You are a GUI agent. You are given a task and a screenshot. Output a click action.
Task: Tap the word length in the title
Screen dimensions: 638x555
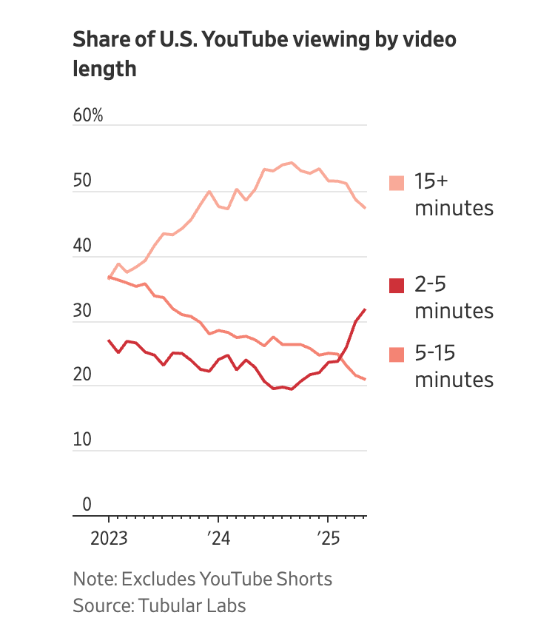pyautogui.click(x=104, y=68)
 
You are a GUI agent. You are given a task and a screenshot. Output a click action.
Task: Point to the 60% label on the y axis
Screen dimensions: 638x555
pyautogui.click(x=88, y=116)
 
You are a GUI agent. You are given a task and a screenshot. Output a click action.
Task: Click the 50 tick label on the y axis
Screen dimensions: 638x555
pyautogui.click(x=82, y=181)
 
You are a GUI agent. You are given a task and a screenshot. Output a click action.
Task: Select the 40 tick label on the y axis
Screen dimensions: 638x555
pyautogui.click(x=82, y=246)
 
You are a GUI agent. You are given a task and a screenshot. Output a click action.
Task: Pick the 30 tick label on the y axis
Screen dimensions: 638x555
pyautogui.click(x=82, y=312)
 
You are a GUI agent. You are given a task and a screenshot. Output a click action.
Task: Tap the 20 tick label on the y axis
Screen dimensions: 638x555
pyautogui.click(x=82, y=376)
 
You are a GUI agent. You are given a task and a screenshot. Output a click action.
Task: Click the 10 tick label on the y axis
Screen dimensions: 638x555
pyautogui.click(x=82, y=440)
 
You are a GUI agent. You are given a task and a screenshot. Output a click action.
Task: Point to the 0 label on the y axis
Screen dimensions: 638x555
pyautogui.click(x=87, y=505)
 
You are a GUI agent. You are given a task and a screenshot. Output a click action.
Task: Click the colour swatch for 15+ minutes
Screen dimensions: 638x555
pyautogui.click(x=397, y=183)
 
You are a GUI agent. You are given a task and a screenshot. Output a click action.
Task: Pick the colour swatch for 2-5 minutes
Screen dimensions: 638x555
pyautogui.click(x=397, y=285)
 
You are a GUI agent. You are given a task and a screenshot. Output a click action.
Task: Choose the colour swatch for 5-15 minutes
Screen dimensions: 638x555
pyautogui.click(x=397, y=354)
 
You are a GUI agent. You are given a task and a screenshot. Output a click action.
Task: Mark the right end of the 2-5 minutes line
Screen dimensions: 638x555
pyautogui.click(x=365, y=309)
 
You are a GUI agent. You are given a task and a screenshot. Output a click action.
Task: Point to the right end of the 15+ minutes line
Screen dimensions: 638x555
pyautogui.click(x=365, y=208)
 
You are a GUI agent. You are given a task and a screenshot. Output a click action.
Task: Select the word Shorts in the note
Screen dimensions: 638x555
pyautogui.click(x=305, y=578)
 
